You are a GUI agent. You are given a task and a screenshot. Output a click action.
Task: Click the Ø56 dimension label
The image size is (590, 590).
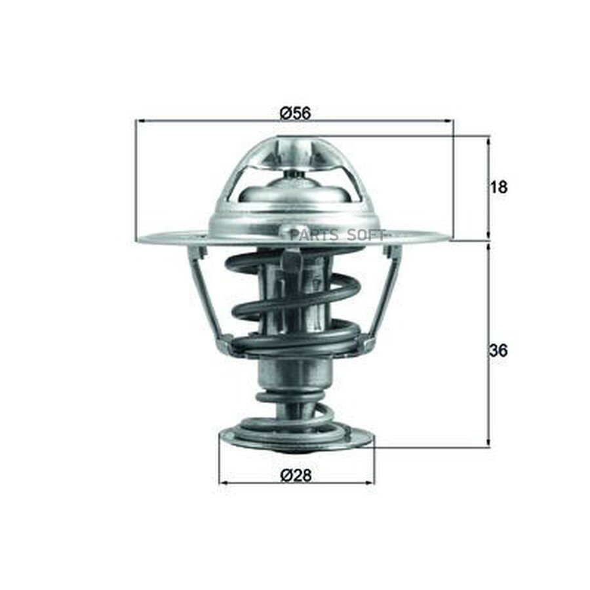[296, 113]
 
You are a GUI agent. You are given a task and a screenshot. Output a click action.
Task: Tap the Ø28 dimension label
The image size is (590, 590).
[296, 476]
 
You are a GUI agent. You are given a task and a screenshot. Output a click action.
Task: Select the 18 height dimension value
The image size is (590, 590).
[499, 187]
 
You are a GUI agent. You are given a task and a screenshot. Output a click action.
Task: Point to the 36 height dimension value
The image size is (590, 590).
[499, 351]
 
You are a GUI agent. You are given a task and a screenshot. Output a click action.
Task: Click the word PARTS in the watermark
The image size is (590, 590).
[313, 235]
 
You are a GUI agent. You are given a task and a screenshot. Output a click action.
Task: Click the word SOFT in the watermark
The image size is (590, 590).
[366, 235]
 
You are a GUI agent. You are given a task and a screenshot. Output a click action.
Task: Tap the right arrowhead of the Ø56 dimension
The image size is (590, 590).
[449, 121]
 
